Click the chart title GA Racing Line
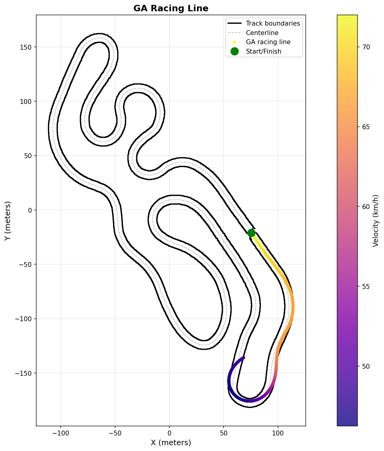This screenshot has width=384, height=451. [171, 9]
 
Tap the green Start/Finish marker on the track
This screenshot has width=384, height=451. [251, 233]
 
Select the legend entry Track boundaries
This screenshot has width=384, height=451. [273, 23]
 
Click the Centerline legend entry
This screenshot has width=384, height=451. [262, 33]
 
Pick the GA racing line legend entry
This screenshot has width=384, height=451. [268, 42]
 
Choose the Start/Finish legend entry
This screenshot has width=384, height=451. [263, 51]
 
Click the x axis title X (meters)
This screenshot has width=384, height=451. [171, 443]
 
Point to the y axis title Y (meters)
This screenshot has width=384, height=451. [8, 221]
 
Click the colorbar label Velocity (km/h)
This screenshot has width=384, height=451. [375, 221]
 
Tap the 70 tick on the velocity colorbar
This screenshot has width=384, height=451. [366, 47]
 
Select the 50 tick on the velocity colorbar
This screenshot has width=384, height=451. [366, 366]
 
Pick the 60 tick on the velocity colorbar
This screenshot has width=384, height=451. [366, 207]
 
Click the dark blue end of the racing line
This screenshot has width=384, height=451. [244, 357]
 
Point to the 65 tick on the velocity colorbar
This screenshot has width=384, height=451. [366, 127]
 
